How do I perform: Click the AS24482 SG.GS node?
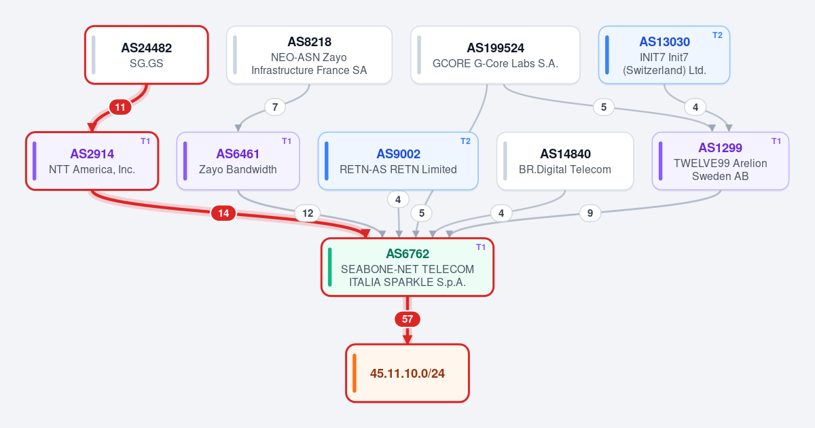pyautogui.click(x=147, y=55)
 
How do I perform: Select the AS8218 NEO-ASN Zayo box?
pyautogui.click(x=309, y=55)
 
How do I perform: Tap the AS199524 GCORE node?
pyautogui.click(x=495, y=55)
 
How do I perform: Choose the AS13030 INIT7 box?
pyautogui.click(x=664, y=55)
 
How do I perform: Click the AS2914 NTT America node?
pyautogui.click(x=92, y=161)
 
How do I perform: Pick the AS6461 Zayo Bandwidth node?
pyautogui.click(x=238, y=161)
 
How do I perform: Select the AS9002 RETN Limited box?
pyautogui.click(x=398, y=161)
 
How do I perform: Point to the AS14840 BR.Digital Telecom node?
pyautogui.click(x=565, y=161)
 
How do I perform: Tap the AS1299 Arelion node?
pyautogui.click(x=721, y=161)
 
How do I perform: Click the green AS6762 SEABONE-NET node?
pyautogui.click(x=407, y=267)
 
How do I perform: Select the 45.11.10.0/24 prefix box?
pyautogui.click(x=407, y=373)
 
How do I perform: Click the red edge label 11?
pyautogui.click(x=120, y=107)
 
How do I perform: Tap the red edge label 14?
pyautogui.click(x=223, y=213)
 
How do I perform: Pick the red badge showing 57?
pyautogui.click(x=407, y=319)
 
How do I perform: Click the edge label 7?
pyautogui.click(x=275, y=107)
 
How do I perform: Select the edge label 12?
pyautogui.click(x=308, y=213)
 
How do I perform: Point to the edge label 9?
pyautogui.click(x=590, y=213)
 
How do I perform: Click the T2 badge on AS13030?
pyautogui.click(x=717, y=35)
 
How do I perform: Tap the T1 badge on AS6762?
pyautogui.click(x=481, y=247)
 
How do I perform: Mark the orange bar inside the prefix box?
pyautogui.click(x=355, y=373)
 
